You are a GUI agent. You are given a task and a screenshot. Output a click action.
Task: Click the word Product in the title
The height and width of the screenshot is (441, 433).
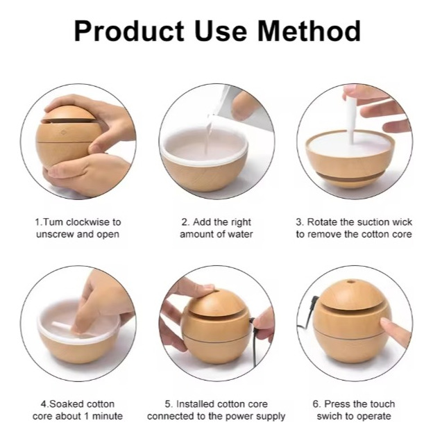[x=129, y=31]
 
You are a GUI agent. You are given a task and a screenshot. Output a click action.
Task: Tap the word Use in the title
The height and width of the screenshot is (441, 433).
[x=221, y=31]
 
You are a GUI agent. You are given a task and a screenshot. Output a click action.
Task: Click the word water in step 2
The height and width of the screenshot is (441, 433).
[x=239, y=234]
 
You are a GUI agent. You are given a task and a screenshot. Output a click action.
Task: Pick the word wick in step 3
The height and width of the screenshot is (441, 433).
[x=402, y=222]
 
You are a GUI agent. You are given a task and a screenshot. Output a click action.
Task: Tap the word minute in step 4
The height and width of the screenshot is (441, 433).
[x=108, y=416]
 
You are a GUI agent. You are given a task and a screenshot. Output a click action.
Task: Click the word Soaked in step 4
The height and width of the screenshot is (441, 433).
[x=65, y=404]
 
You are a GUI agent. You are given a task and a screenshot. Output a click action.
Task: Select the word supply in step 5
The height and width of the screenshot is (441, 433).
[x=270, y=417]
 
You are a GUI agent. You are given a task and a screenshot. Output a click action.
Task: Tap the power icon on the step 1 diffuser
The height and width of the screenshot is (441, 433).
[x=64, y=132]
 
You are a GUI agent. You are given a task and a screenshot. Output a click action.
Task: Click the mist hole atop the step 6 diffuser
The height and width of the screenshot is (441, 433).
[x=350, y=281]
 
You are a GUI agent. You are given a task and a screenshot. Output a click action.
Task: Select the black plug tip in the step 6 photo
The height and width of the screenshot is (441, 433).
[x=315, y=299]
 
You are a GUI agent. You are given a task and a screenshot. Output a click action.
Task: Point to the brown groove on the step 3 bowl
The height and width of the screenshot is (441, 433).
[x=350, y=177]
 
